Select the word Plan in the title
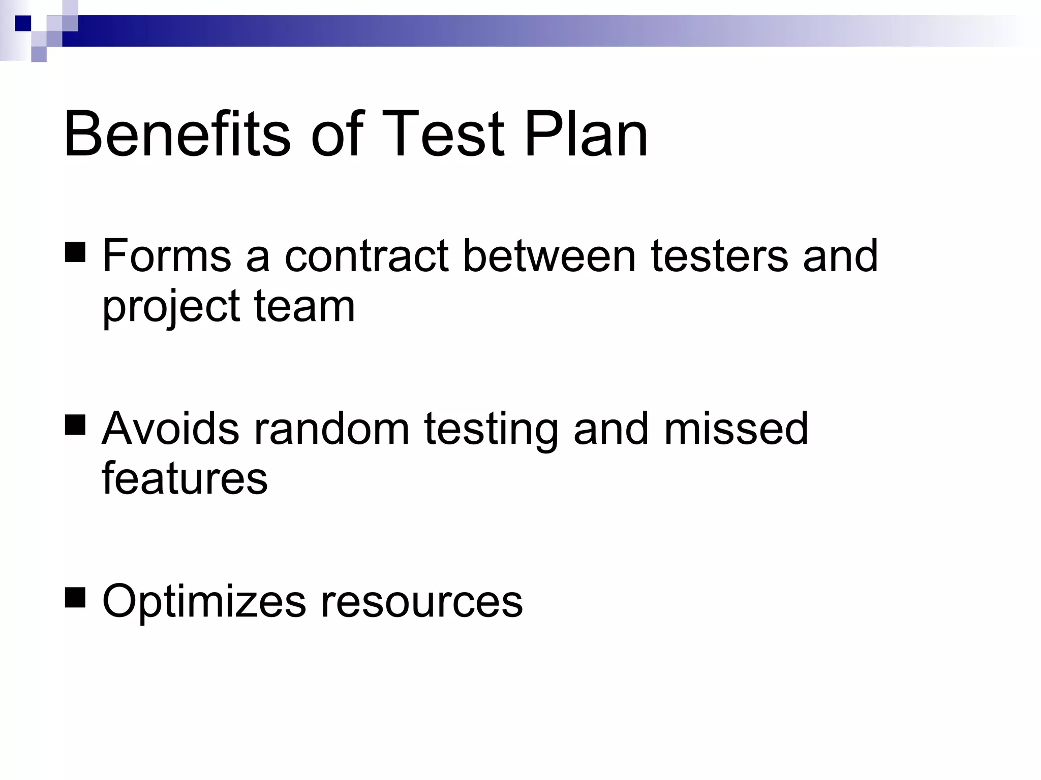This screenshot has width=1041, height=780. (x=586, y=135)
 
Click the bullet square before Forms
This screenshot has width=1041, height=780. (x=75, y=252)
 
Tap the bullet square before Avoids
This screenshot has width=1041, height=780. (x=75, y=425)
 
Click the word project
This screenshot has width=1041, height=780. (x=171, y=307)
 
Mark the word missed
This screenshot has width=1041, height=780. (x=736, y=429)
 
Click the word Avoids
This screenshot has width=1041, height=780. (x=170, y=429)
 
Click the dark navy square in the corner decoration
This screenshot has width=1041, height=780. (x=23, y=23)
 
